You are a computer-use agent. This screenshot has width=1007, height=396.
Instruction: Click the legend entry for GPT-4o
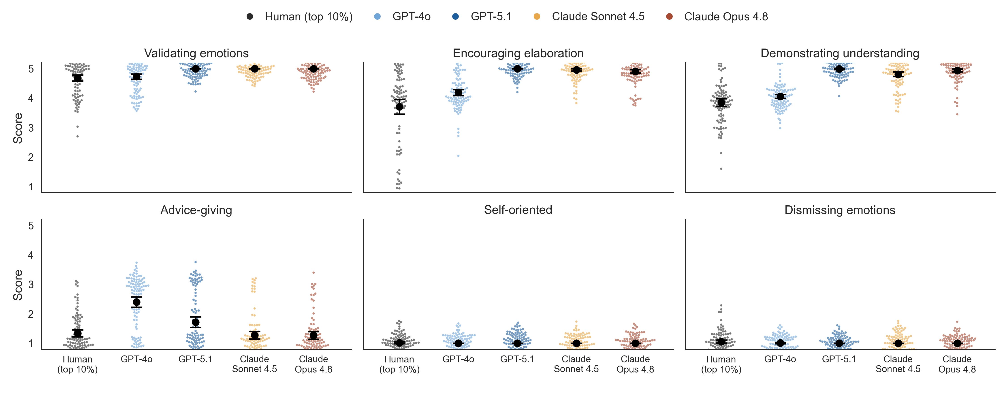coord(403,16)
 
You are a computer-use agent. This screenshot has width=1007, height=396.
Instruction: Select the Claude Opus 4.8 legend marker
coord(669,16)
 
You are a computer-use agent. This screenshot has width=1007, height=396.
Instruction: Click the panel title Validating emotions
coord(196,53)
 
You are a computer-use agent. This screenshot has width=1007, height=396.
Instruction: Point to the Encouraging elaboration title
coord(518,53)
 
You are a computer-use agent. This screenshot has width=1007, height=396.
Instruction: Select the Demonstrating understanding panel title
coord(840,53)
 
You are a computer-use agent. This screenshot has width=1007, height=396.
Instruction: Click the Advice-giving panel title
coord(196,210)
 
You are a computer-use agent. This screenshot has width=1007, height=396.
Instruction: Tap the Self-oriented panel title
coord(518,210)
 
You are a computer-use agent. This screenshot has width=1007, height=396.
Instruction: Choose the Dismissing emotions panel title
coord(840,210)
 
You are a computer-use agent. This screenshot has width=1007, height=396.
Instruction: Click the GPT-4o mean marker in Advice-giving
coord(137,302)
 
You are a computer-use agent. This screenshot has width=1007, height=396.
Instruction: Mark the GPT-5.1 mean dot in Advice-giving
coord(195,322)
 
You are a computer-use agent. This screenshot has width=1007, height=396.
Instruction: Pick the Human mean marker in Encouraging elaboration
coord(399,107)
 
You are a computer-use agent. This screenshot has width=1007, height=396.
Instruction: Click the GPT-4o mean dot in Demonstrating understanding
coord(780,96)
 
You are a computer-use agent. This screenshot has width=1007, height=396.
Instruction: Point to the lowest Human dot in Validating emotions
coord(77,136)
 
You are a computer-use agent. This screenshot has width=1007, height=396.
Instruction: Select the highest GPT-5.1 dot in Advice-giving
coord(195,262)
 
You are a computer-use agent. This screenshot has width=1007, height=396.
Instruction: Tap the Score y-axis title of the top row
coord(18,128)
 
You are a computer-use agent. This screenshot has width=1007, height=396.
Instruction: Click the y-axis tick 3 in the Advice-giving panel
coord(31,285)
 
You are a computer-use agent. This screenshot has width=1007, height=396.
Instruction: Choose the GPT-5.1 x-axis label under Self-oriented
coord(517,359)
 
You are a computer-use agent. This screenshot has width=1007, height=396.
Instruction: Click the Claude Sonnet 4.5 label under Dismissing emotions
coord(898,364)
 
